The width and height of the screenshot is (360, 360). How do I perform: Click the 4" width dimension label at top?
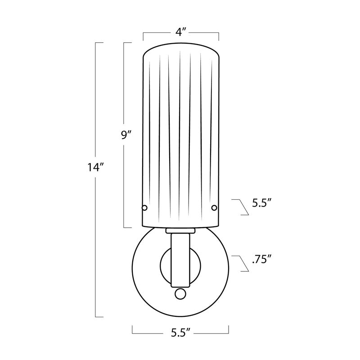point(181,33)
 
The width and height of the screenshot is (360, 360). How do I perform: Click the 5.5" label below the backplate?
point(181,333)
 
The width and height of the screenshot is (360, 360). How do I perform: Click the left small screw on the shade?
point(144,207)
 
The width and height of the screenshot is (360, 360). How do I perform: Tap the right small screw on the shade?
point(214,207)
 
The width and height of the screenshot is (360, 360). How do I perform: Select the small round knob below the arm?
point(180,294)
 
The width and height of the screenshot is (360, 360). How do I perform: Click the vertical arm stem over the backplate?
point(180,259)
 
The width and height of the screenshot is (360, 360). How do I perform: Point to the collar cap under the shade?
point(180,231)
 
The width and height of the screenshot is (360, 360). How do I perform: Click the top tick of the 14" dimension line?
point(100,43)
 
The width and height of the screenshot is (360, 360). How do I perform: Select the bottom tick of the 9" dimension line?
point(127,226)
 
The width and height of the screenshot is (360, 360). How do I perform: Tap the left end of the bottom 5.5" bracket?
point(132,330)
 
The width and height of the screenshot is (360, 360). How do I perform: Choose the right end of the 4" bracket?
point(218,36)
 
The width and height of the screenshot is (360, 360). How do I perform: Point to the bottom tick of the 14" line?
point(100,316)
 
